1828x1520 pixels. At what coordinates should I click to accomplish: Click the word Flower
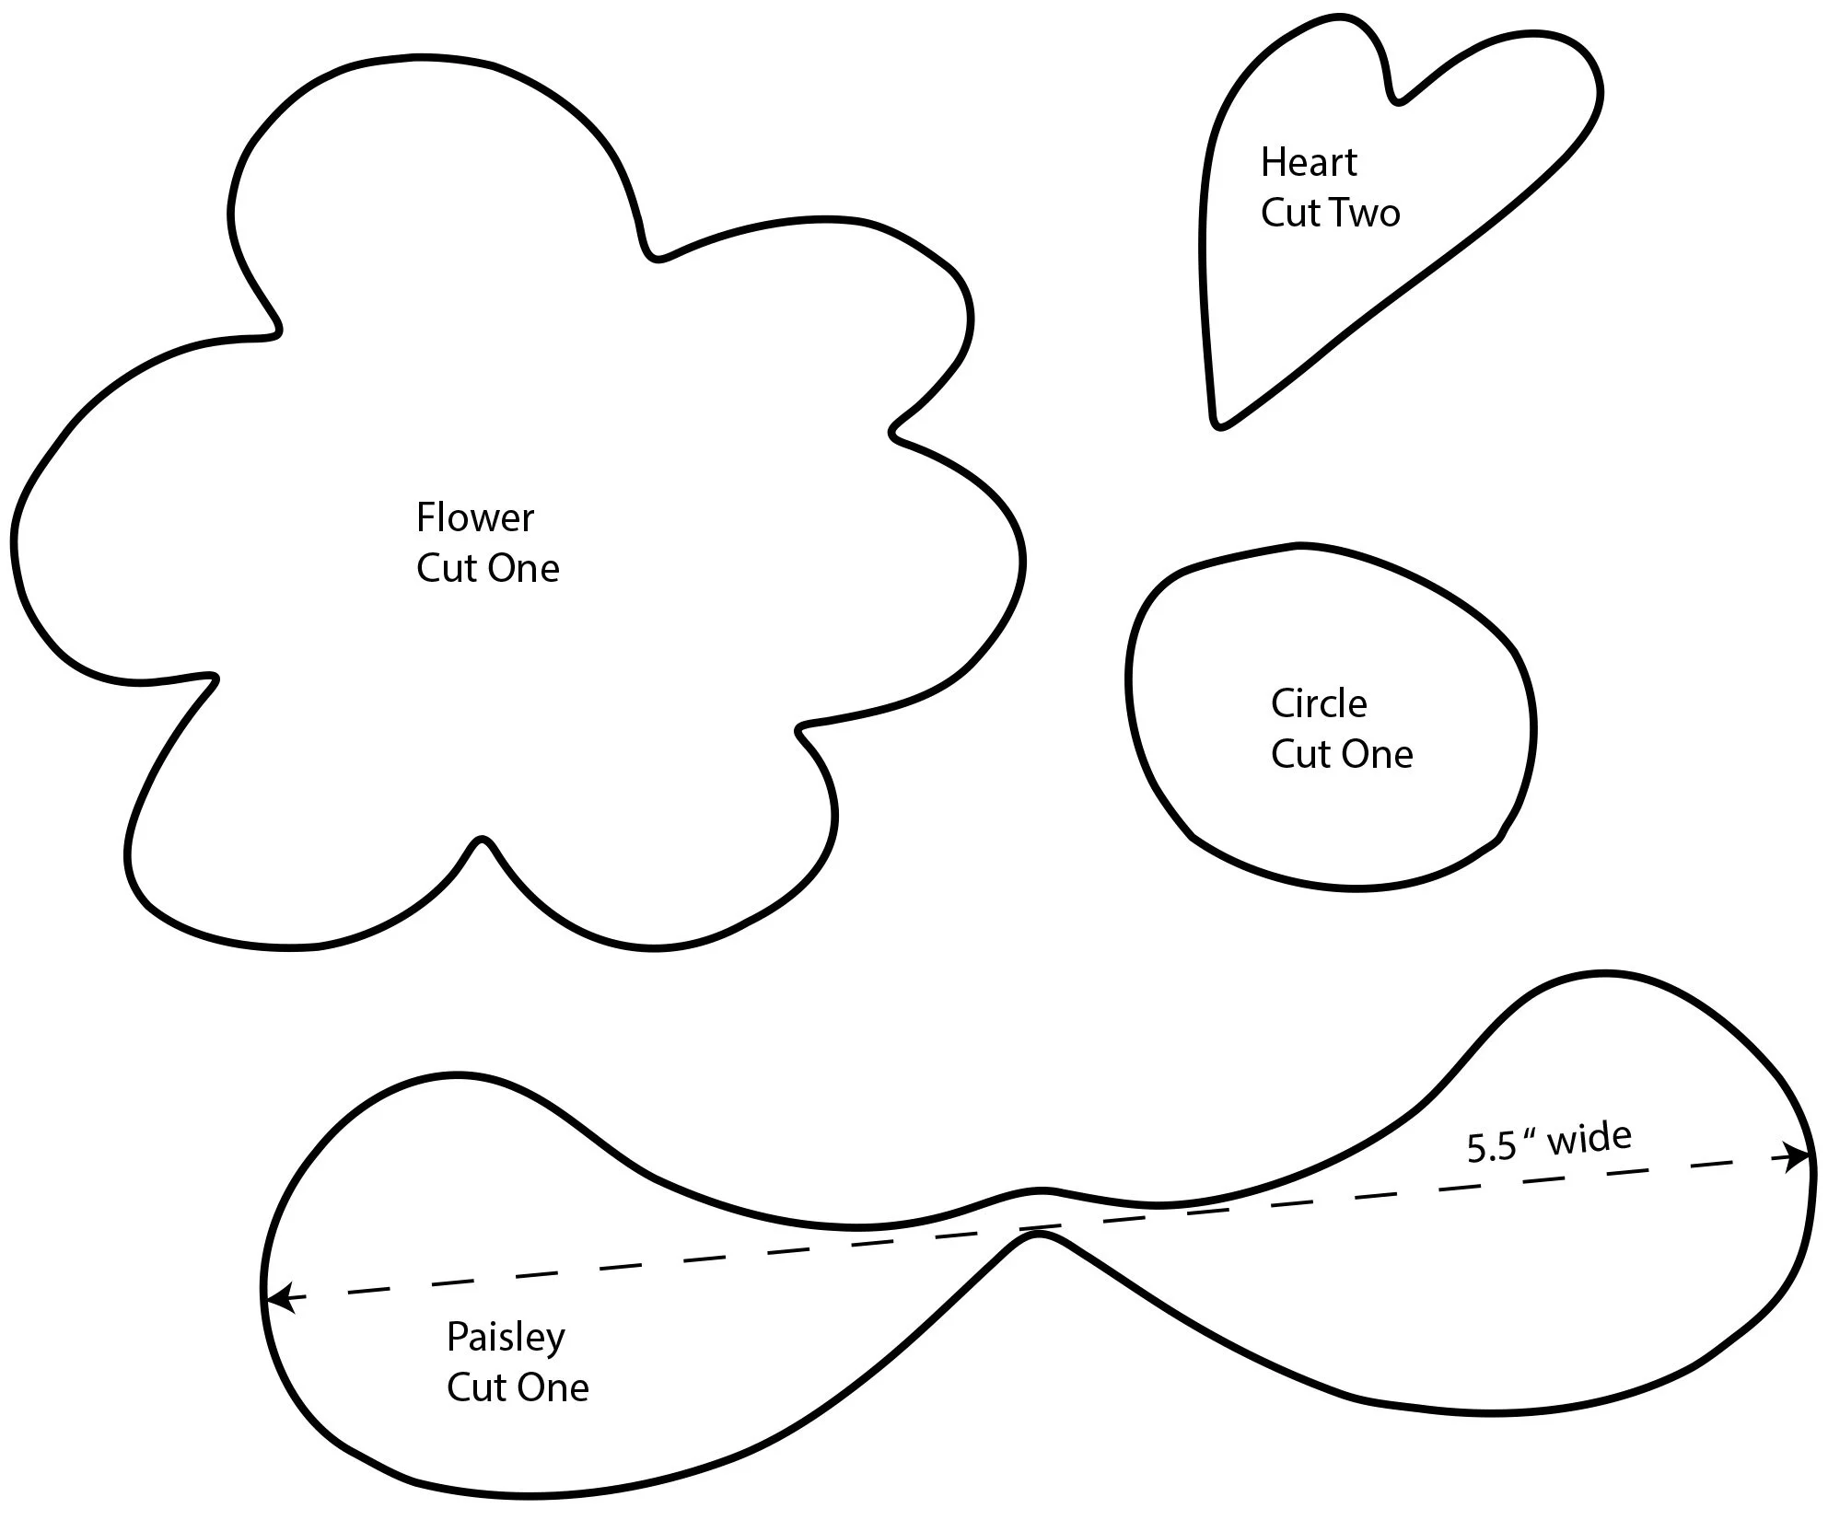click(474, 518)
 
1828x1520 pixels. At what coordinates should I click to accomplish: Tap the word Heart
click(1308, 163)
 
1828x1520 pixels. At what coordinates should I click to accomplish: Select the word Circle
click(1318, 704)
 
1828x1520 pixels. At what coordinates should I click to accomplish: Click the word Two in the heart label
click(1365, 214)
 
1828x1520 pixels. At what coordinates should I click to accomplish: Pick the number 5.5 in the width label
click(1491, 1149)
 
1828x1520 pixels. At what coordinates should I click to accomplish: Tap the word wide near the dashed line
click(1589, 1139)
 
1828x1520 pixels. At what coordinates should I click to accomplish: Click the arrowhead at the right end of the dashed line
click(1800, 1157)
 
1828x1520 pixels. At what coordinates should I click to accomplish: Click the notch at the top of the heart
click(1398, 97)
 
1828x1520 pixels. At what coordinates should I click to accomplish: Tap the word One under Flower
click(523, 569)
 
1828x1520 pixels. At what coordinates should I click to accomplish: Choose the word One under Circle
click(1378, 755)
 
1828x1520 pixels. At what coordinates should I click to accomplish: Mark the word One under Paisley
click(553, 1388)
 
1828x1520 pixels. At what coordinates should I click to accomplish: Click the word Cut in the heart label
click(1288, 214)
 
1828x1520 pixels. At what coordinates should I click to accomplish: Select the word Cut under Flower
click(445, 569)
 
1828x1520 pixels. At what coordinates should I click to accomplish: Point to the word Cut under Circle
click(1299, 755)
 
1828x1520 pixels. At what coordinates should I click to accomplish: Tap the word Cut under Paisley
click(475, 1388)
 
